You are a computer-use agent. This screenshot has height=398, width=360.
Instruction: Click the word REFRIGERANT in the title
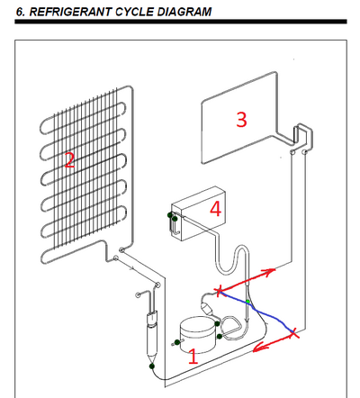coord(70,12)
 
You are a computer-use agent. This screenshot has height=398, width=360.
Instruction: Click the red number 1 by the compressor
coord(193,357)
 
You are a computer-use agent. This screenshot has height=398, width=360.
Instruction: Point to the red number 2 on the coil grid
coord(69,160)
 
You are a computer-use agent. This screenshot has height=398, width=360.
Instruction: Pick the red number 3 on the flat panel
coord(241,119)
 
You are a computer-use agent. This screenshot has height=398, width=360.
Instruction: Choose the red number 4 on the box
coord(215,209)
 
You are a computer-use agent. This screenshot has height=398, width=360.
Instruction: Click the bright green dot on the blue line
coord(247,301)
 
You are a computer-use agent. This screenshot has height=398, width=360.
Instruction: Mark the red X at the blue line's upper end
coord(220,291)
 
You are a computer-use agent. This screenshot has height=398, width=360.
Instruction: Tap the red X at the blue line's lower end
coord(293,332)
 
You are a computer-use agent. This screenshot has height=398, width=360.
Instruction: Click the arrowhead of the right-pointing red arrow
coord(269,271)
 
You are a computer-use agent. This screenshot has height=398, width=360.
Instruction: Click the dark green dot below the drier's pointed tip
coord(152,366)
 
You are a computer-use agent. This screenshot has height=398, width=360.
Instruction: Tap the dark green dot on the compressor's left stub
coord(177,342)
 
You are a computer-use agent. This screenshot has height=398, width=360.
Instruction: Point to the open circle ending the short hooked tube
coord(138,294)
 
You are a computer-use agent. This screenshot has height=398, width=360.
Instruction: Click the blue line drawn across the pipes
coord(256,312)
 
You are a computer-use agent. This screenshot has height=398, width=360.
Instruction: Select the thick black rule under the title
coord(181,22)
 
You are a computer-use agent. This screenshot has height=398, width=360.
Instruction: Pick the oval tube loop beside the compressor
coord(231,328)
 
